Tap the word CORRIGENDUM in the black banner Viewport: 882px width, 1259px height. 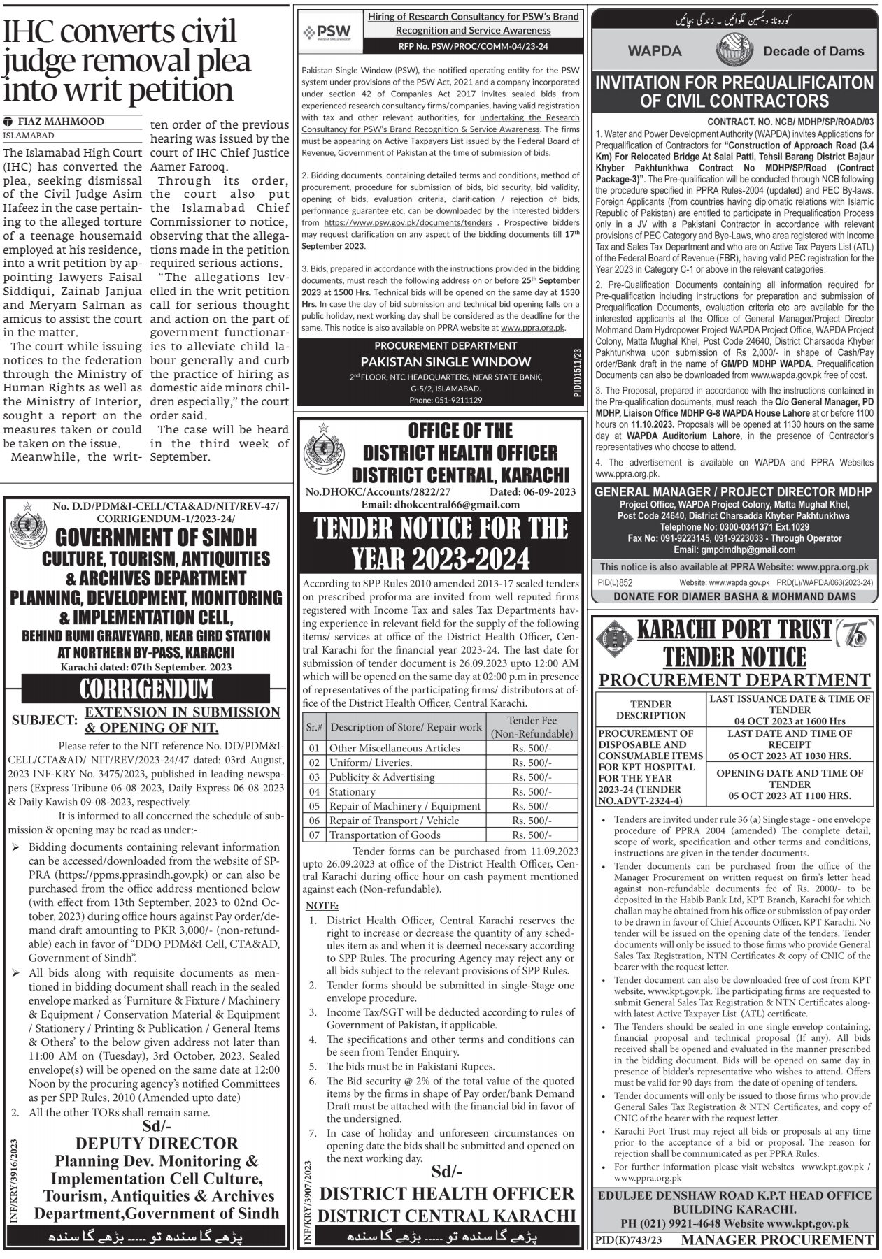point(145,689)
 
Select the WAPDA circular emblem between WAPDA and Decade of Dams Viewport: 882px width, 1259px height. point(734,51)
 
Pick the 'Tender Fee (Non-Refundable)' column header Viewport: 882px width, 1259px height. point(532,727)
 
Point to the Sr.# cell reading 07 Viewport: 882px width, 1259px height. point(314,835)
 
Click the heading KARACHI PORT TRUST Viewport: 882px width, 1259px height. point(734,629)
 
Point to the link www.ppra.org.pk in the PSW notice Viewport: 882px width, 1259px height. point(532,327)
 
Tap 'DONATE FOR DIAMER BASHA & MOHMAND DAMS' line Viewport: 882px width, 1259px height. point(734,597)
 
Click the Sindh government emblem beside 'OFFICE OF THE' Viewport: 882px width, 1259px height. point(323,449)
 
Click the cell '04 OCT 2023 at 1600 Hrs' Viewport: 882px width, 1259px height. point(789,721)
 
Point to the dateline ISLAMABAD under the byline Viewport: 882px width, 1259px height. point(29,136)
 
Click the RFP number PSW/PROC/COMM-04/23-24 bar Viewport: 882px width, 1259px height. point(473,46)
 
